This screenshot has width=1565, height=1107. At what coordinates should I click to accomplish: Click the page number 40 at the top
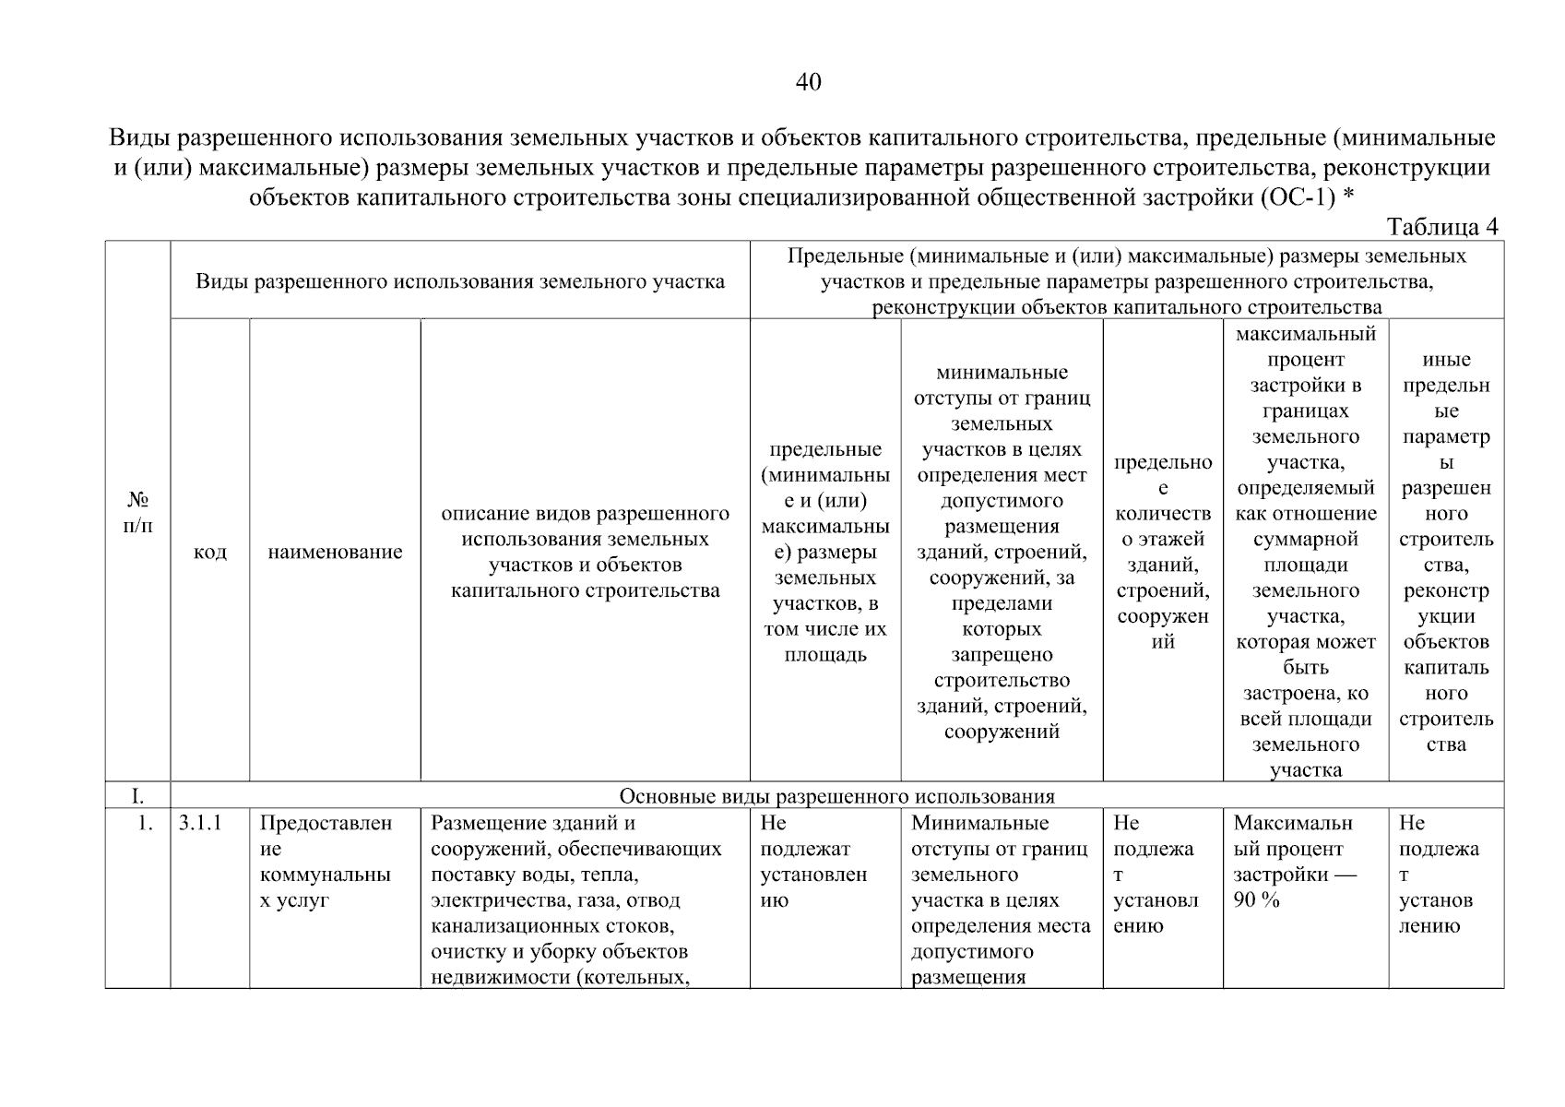808,83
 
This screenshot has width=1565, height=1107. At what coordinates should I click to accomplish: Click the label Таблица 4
1442,227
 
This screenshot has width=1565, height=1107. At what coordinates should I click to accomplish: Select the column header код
209,552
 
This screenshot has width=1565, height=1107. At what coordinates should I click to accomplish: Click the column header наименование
335,552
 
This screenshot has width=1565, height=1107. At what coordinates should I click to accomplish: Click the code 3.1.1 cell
200,823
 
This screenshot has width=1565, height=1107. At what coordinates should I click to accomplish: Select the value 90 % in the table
1256,900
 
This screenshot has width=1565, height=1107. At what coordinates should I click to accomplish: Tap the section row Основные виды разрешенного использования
836,796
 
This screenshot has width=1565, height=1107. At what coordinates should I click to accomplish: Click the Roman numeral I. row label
137,796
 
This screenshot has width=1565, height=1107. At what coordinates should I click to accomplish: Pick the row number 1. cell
145,823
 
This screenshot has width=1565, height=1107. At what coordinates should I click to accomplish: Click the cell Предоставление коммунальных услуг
325,862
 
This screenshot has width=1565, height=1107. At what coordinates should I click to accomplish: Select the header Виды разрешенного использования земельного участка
459,281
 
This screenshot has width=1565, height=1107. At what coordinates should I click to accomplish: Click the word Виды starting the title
139,139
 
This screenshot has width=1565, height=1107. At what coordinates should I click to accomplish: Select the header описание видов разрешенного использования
585,552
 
